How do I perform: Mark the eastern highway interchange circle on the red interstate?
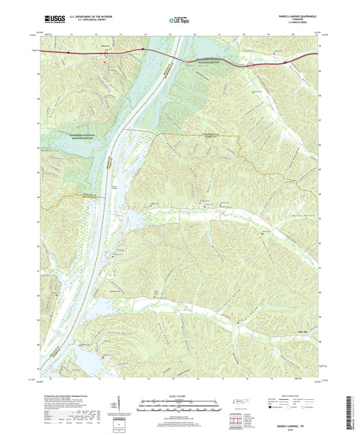coord(250,66)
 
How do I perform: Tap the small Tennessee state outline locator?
coord(239,403)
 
